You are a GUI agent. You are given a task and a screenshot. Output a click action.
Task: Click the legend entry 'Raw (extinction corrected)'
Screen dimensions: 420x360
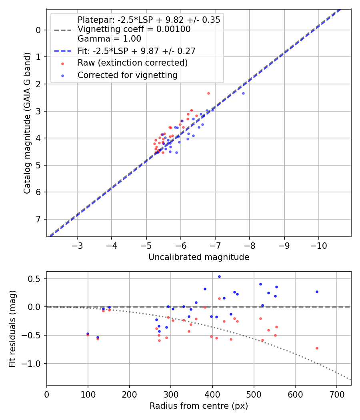click(132, 63)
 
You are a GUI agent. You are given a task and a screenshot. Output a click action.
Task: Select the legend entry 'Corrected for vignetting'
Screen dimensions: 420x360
click(127, 75)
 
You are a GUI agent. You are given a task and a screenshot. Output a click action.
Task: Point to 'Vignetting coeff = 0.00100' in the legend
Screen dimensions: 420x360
click(134, 29)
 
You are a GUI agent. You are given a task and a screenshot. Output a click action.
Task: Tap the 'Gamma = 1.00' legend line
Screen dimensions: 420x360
click(109, 39)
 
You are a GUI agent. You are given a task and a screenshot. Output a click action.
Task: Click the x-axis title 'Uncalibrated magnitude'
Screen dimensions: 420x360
click(199, 257)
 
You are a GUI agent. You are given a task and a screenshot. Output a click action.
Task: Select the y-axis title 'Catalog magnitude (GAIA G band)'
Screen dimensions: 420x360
click(27, 123)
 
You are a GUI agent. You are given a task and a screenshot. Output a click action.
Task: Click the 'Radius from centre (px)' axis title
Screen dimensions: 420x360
click(199, 406)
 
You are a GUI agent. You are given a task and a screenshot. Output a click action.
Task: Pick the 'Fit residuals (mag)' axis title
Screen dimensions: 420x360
click(13, 328)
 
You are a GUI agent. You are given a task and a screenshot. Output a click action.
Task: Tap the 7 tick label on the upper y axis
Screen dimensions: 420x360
click(38, 219)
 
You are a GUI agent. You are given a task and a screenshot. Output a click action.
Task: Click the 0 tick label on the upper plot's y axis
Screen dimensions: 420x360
click(38, 30)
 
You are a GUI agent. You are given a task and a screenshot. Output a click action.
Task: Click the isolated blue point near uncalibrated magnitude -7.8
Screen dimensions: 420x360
click(243, 93)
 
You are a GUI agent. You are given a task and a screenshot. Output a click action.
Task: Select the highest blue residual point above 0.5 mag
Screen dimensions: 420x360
click(219, 276)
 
